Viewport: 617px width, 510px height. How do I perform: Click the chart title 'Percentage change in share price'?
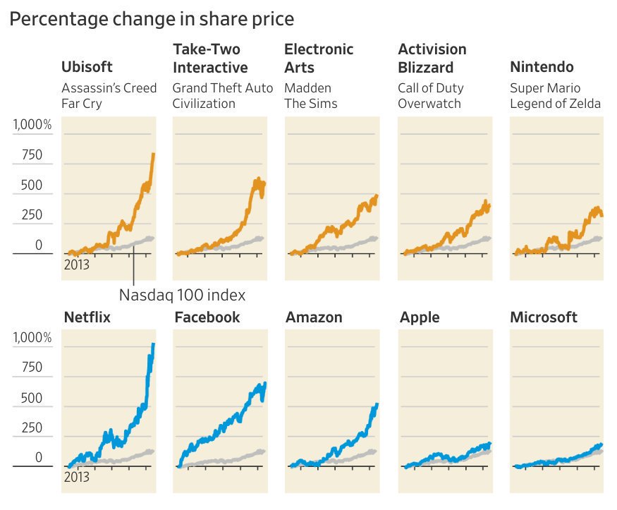click(x=152, y=19)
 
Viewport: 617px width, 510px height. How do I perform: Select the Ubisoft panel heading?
click(x=87, y=68)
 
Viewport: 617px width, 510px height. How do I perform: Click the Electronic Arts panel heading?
click(x=319, y=59)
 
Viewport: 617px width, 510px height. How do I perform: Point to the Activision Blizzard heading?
click(x=432, y=59)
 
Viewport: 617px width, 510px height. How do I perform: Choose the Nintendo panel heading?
click(x=542, y=68)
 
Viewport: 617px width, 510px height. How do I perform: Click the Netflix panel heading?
click(x=87, y=317)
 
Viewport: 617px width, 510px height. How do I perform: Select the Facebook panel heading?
click(x=207, y=317)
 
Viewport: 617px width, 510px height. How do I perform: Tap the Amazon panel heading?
click(x=314, y=317)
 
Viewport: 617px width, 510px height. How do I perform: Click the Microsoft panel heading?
click(x=544, y=317)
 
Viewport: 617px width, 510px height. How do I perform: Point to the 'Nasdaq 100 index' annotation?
click(x=182, y=294)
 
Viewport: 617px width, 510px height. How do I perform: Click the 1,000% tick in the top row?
click(x=32, y=126)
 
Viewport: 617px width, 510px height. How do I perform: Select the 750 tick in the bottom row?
click(x=32, y=368)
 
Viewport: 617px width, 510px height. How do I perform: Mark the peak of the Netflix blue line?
click(x=154, y=344)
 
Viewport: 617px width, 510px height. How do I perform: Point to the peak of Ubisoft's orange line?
click(x=154, y=154)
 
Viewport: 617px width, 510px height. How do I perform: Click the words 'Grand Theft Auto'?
click(x=222, y=88)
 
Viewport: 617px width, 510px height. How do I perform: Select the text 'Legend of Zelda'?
click(x=555, y=104)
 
